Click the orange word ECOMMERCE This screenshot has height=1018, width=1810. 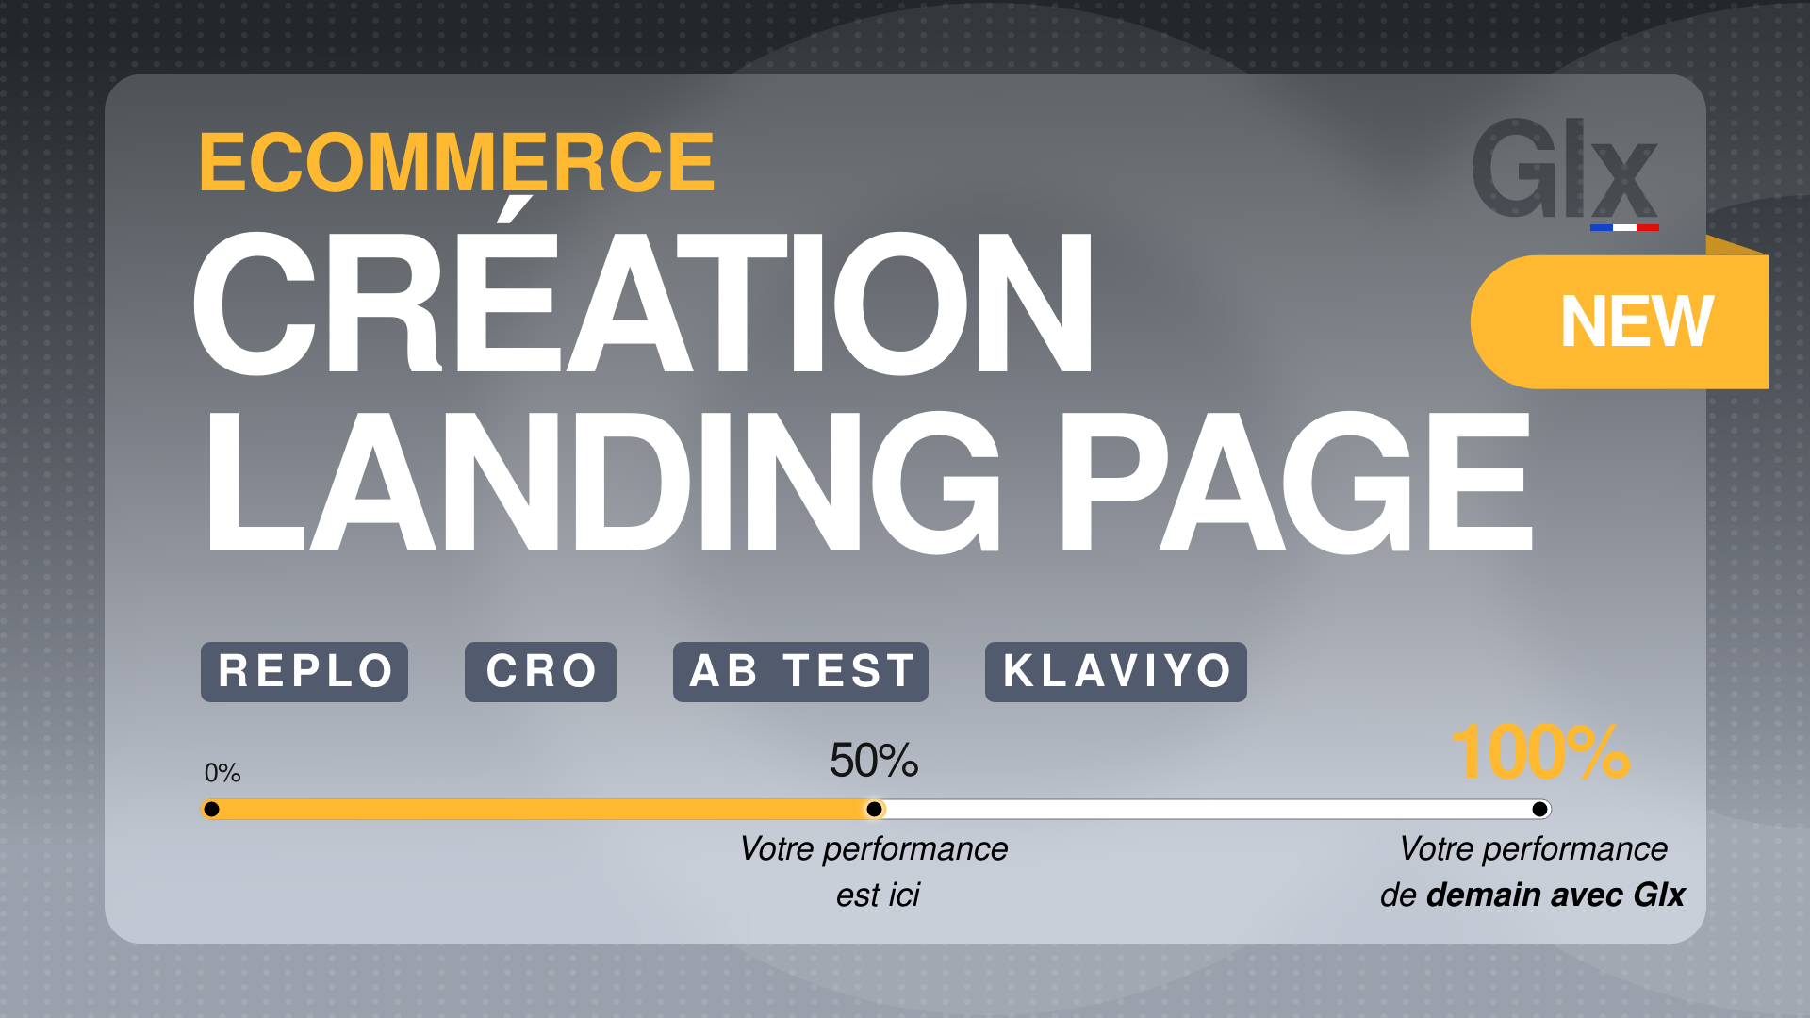pos(457,162)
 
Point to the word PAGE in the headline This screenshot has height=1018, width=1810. pos(1297,482)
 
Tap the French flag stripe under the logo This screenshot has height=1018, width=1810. pos(1624,227)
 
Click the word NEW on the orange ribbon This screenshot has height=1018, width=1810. pos(1637,321)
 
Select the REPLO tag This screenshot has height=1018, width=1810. pos(304,672)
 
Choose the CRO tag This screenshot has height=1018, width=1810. pos(540,672)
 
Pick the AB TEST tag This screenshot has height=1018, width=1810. pos(800,672)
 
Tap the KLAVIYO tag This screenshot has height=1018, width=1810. pos(1116,672)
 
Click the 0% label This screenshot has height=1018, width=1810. pos(222,774)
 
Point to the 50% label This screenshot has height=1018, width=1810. pos(874,761)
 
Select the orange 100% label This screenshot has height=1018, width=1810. pos(1541,752)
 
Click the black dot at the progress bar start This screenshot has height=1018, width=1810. pos(212,809)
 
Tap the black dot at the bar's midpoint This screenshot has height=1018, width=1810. pos(875,809)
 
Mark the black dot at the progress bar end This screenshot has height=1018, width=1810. pos(1540,809)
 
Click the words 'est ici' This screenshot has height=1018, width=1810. pos(878,895)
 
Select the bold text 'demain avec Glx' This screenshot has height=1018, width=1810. pos(1555,895)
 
